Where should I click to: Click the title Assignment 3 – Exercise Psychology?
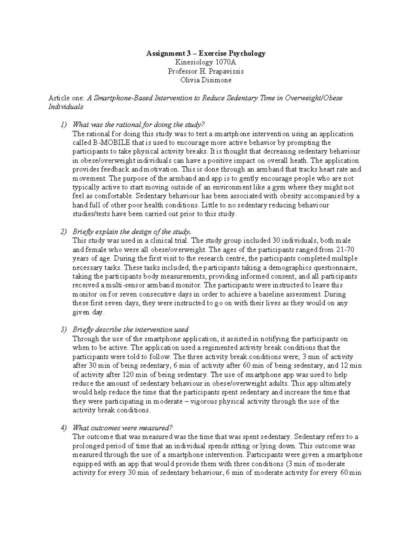(x=206, y=53)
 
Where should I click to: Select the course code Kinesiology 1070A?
(x=206, y=62)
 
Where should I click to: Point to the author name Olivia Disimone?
(x=206, y=80)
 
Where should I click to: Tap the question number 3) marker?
(x=64, y=329)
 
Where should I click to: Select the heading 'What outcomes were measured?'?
(x=122, y=428)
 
